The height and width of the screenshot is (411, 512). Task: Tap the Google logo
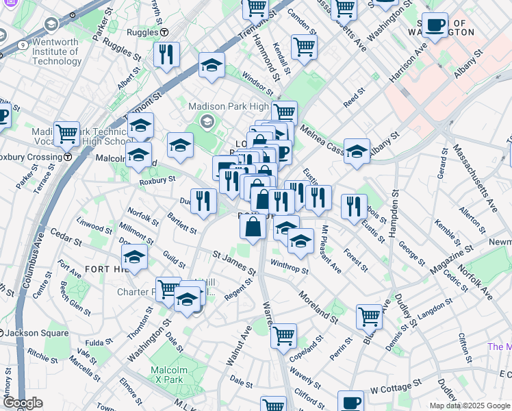(x=23, y=403)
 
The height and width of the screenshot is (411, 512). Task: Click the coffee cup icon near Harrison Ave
(x=434, y=25)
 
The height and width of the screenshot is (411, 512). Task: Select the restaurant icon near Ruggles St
(x=166, y=55)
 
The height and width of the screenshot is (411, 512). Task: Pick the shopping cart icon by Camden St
(x=304, y=47)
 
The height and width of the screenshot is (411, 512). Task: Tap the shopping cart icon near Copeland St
(x=283, y=336)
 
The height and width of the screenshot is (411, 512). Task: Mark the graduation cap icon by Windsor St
(x=212, y=66)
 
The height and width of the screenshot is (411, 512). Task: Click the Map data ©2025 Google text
(x=470, y=406)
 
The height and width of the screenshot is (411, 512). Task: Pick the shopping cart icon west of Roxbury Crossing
(x=66, y=134)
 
